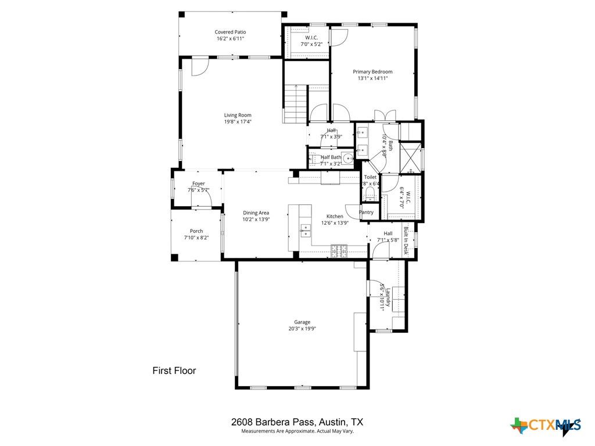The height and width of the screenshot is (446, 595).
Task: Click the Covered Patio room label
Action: [230, 32]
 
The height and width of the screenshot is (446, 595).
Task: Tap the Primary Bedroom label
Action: [372, 71]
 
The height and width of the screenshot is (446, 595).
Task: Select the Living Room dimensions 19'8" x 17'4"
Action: [238, 122]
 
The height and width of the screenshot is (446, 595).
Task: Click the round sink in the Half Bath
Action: [348, 157]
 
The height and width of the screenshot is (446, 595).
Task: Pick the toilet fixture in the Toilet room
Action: [370, 195]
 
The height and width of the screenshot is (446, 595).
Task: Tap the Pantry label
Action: [367, 213]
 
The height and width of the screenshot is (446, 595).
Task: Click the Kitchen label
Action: [335, 216]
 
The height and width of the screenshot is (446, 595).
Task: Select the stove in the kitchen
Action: [339, 251]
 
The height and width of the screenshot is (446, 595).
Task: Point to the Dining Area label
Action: [256, 213]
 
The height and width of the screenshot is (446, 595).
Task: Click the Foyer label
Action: [199, 184]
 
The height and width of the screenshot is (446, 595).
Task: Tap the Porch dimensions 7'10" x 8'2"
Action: [196, 237]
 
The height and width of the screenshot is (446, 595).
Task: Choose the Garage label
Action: [302, 322]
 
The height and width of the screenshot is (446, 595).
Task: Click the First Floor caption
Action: [174, 371]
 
